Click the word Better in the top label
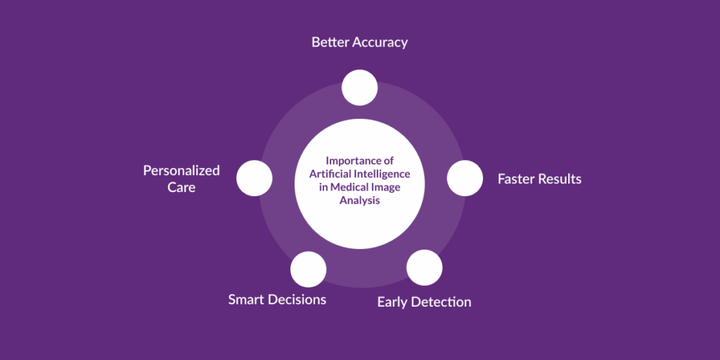coord(329,42)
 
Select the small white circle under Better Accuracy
coord(359,88)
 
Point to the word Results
coord(560,179)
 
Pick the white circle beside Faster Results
coord(465,178)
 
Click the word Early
coord(394,302)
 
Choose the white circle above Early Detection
coord(424,267)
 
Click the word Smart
coord(247,300)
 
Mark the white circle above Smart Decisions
coord(308,269)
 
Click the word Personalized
coord(181,171)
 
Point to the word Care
coord(181,188)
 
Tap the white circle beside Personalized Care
coord(254,178)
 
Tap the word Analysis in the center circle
coord(359,200)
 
